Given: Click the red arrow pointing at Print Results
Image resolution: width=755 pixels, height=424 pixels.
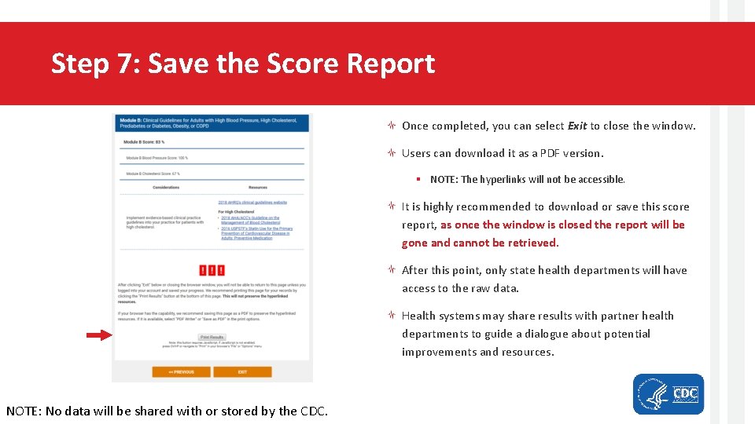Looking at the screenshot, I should coord(99,335).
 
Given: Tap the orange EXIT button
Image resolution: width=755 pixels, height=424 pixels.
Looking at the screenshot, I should coord(242,371).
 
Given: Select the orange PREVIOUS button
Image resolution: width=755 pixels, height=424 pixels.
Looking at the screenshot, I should coord(181,371).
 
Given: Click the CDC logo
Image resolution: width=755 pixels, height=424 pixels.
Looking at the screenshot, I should coord(668,394).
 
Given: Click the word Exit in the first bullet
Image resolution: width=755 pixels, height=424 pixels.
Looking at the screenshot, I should coord(577,126).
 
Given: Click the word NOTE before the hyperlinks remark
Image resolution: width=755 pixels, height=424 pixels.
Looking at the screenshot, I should coord(444,180).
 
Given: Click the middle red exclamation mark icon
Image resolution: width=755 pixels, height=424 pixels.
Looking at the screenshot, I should coord(212,269).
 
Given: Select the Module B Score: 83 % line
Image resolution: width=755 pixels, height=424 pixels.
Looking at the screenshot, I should coord(144,142).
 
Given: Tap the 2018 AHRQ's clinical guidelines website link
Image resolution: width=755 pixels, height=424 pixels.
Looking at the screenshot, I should coord(252,203).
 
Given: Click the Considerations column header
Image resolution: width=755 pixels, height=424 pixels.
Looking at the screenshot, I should coord(166,188).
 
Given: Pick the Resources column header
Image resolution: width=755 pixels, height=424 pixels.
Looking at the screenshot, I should coord(257,188).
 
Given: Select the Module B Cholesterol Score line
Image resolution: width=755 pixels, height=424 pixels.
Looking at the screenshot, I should coord(153,174).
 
